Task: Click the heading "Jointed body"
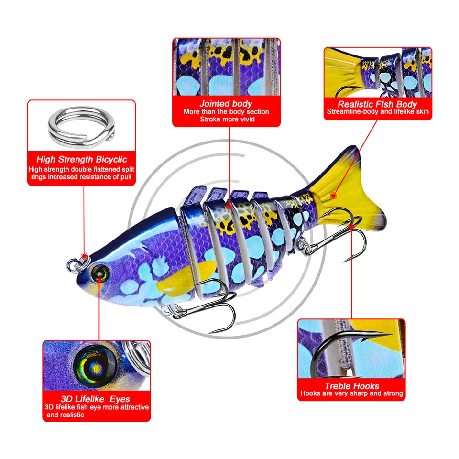coord(226,103)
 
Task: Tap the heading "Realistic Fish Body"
coord(377,104)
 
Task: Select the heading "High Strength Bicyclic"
coord(82,160)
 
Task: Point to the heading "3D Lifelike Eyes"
coord(96,399)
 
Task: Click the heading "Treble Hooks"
coord(351,385)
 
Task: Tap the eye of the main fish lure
coord(101,272)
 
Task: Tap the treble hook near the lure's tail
coord(344,239)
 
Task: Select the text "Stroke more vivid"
coord(226,119)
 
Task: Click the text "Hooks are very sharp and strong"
coord(351,393)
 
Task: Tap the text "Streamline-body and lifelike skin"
coord(378,112)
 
